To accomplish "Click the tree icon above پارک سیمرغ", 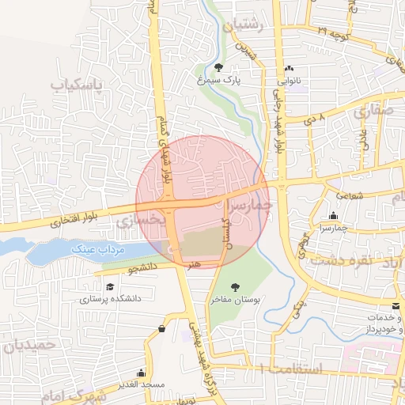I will click(x=219, y=67).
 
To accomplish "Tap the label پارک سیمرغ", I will click(x=218, y=80).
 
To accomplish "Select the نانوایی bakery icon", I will click(x=289, y=68).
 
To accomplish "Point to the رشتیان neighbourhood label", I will click(x=251, y=26).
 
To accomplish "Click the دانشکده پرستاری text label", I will click(x=109, y=299).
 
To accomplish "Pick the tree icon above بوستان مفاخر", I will click(x=234, y=287).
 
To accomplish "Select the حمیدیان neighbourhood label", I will click(x=31, y=345).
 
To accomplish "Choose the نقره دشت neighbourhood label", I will click(x=344, y=259).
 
